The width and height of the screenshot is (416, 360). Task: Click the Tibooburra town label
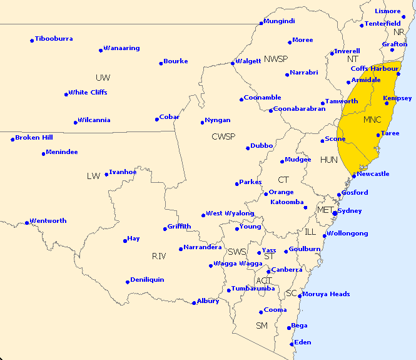[54, 39]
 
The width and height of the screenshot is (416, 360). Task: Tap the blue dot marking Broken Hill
[13, 139]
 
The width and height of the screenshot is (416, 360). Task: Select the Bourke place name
[176, 61]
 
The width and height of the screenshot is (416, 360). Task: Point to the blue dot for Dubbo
[248, 148]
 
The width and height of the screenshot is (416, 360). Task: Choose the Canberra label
[287, 270]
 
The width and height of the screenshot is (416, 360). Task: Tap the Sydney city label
[350, 211]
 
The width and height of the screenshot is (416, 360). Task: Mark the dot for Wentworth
[26, 222]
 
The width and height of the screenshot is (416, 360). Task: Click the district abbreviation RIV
[159, 256]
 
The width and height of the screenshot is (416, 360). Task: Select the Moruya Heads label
[327, 294]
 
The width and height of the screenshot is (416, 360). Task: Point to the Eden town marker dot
[292, 344]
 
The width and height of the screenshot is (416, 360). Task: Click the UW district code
[103, 78]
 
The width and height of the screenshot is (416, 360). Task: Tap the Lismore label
[388, 11]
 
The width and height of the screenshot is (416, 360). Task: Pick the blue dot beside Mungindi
[261, 23]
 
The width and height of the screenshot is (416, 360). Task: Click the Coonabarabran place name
[300, 109]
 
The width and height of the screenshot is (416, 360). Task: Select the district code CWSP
[223, 136]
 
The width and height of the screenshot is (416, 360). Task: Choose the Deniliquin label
[148, 280]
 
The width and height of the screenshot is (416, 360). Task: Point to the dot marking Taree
[378, 135]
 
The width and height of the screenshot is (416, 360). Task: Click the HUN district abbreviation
[329, 160]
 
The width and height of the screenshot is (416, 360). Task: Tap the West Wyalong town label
[230, 213]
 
